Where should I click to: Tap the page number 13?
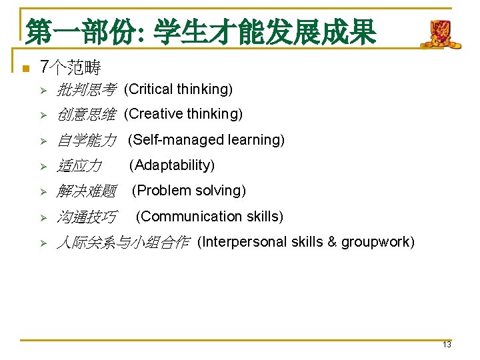tap(447, 345)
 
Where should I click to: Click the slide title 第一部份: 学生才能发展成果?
tap(201, 32)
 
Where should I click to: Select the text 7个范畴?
tap(70, 67)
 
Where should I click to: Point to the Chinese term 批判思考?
tap(86, 89)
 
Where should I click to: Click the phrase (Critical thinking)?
tap(178, 89)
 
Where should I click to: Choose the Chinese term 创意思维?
tap(86, 115)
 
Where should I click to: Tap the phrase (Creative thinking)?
tap(183, 114)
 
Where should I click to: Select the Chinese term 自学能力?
tap(86, 140)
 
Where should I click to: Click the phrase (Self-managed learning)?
tap(206, 140)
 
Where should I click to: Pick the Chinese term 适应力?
tap(79, 165)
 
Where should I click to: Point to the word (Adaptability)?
tap(171, 165)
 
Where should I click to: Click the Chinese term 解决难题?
tap(86, 191)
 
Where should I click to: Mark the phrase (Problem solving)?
tap(189, 191)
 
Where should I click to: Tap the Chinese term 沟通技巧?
tap(86, 217)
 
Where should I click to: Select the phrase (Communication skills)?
tap(209, 217)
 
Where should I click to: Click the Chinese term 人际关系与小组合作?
tap(123, 242)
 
